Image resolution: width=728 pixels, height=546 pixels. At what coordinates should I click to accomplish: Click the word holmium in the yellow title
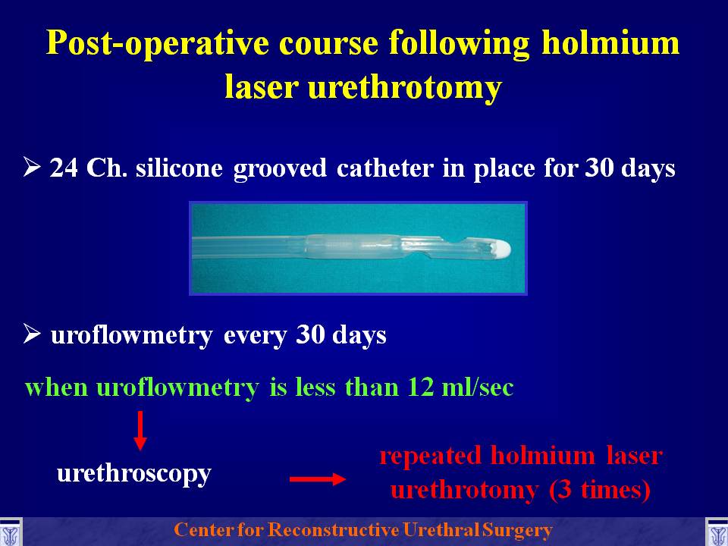(611, 42)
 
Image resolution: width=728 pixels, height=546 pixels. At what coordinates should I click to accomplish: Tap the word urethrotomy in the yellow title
(405, 88)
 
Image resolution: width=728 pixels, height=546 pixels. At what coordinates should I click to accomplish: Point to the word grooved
(280, 169)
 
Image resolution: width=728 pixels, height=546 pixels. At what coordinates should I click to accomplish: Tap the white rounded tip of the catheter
(501, 249)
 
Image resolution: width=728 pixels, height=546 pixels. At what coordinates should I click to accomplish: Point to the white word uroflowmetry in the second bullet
(131, 336)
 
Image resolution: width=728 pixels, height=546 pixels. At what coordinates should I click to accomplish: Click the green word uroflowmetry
(177, 388)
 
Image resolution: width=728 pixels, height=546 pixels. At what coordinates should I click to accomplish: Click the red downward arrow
(140, 431)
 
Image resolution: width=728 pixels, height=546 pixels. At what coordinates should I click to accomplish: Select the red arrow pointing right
(318, 479)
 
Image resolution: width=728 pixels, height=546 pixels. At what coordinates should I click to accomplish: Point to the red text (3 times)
(599, 491)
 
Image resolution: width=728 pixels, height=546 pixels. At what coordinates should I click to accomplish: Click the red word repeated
(430, 457)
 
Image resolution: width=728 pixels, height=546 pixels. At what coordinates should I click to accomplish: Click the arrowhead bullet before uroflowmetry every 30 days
(32, 334)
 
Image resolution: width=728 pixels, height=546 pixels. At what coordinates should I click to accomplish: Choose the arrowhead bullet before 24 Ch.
(32, 167)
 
